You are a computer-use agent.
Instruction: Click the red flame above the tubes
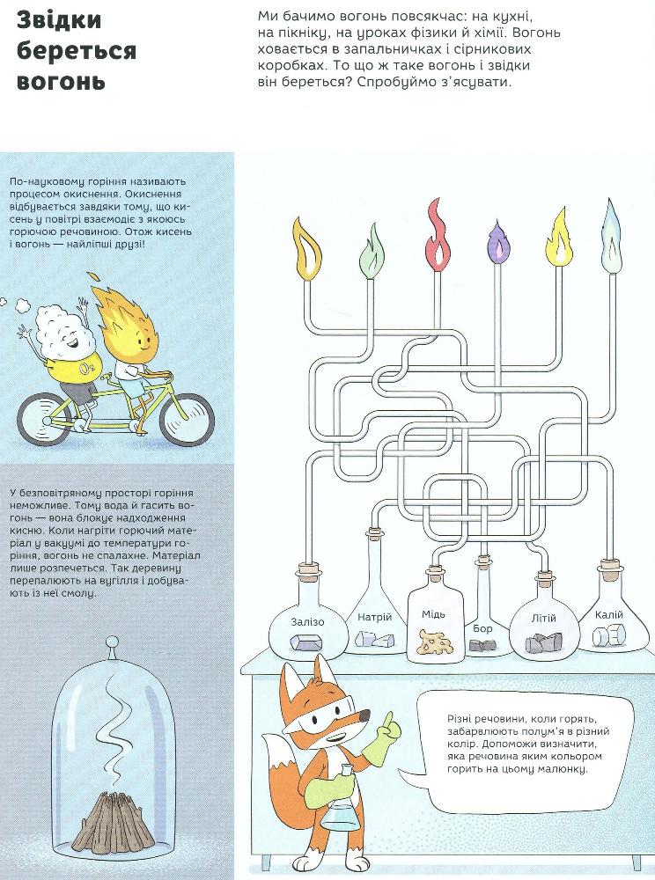pyautogui.click(x=438, y=235)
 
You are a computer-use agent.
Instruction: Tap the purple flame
pyautogui.click(x=497, y=243)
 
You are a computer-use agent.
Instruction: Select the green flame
pyautogui.click(x=372, y=251)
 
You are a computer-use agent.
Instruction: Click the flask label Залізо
pyautogui.click(x=307, y=622)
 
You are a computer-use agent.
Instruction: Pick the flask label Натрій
pyautogui.click(x=374, y=618)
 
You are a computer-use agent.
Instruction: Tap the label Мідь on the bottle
pyautogui.click(x=434, y=614)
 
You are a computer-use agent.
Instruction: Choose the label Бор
pyautogui.click(x=482, y=628)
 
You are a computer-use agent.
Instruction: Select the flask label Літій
pyautogui.click(x=543, y=619)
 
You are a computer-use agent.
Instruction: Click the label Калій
pyautogui.click(x=609, y=615)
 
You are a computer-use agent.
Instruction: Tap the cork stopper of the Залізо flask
pyautogui.click(x=308, y=573)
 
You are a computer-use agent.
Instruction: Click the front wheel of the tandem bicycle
pyautogui.click(x=187, y=418)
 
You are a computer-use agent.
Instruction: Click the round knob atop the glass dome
pyautogui.click(x=113, y=641)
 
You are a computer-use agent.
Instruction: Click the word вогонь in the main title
pyautogui.click(x=62, y=81)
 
